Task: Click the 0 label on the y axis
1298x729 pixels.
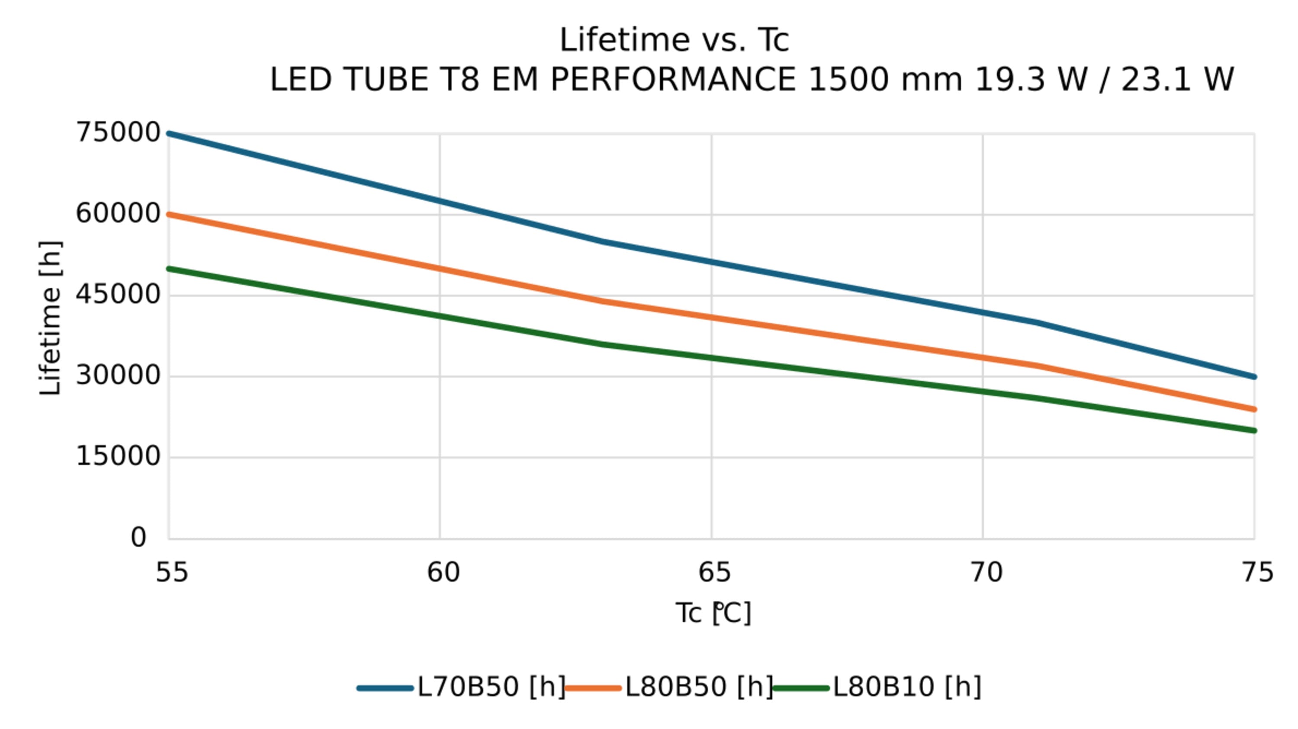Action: tap(138, 537)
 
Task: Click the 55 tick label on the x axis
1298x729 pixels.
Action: tap(171, 573)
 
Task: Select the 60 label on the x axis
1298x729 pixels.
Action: tap(443, 573)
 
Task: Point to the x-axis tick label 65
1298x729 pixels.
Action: tap(714, 573)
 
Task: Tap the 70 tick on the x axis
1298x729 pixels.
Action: tap(986, 573)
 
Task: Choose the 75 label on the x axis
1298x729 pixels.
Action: tap(1257, 573)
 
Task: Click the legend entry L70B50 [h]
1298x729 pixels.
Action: tap(491, 687)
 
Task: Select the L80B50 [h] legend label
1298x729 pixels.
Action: tap(699, 687)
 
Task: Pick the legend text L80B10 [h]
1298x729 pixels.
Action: tap(907, 687)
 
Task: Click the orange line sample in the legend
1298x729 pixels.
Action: tap(593, 688)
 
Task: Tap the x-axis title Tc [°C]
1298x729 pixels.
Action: tap(713, 613)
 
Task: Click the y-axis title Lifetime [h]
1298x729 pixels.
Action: tap(50, 318)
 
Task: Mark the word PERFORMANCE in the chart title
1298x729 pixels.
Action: tap(673, 80)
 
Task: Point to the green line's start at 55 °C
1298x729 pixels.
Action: tap(169, 269)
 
